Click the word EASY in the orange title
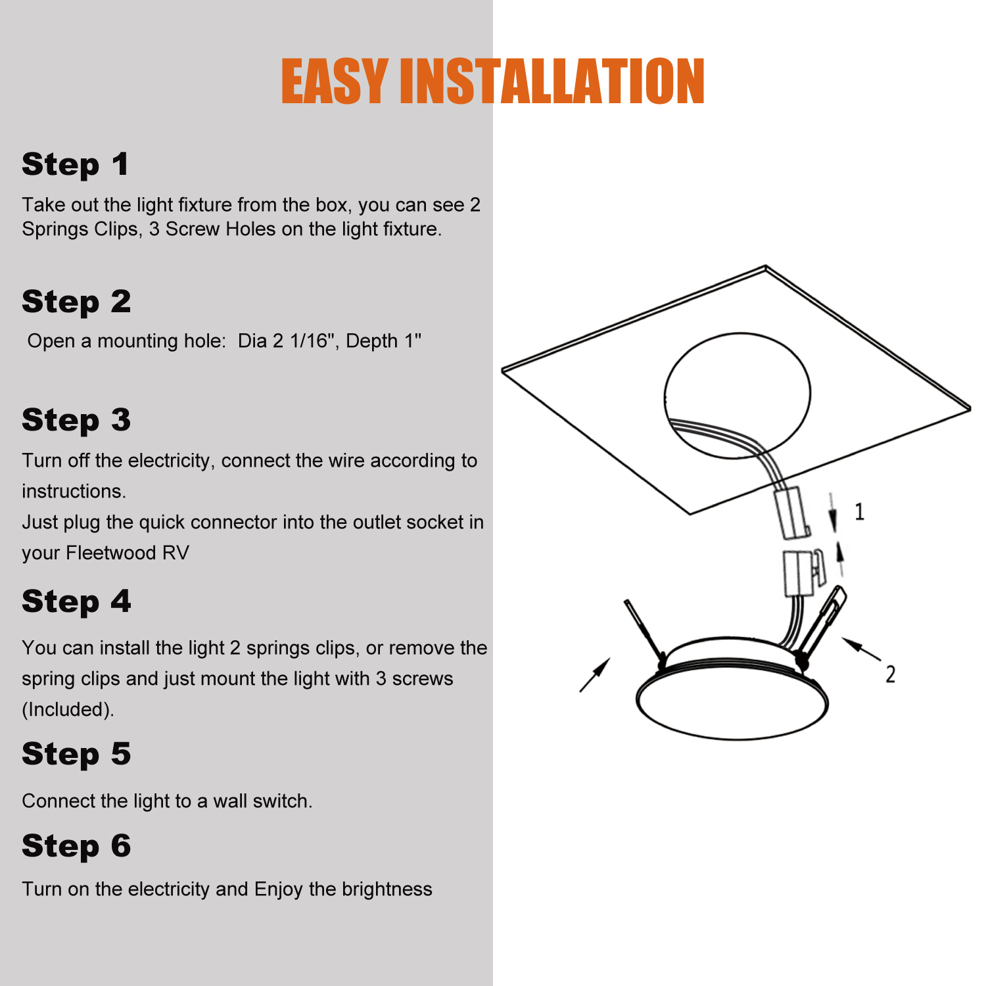[335, 82]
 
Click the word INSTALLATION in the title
[552, 82]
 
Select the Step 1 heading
[75, 165]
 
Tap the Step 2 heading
[76, 302]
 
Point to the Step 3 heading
[76, 421]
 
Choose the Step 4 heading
[76, 602]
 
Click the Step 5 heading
[76, 755]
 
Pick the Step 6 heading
[76, 847]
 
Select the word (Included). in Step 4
[68, 710]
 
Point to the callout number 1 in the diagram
[859, 511]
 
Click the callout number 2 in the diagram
[890, 674]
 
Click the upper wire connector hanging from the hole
[791, 513]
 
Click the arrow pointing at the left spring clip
[595, 675]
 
